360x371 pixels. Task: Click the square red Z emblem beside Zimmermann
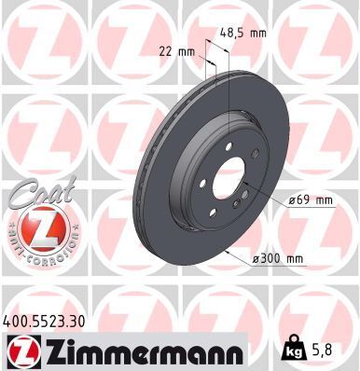pyautogui.click(x=21, y=350)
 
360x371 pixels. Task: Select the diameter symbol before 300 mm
pyautogui.click(x=256, y=257)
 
